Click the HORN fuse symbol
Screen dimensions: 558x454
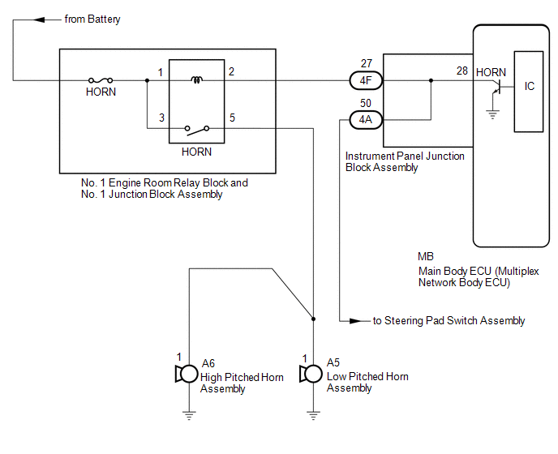(101, 80)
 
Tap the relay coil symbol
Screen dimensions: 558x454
(196, 79)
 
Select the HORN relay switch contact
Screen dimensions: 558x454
(197, 130)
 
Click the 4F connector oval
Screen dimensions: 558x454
(366, 81)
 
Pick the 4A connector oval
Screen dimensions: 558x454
(366, 120)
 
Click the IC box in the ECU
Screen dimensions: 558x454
(529, 92)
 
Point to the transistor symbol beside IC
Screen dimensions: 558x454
(497, 87)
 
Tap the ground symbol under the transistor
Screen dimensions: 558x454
(492, 114)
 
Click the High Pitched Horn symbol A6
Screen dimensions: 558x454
(187, 374)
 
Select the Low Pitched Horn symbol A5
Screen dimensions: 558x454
(311, 374)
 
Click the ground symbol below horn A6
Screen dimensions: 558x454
(189, 416)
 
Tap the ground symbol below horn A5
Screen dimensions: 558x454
(313, 416)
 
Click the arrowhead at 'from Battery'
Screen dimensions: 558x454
(39, 19)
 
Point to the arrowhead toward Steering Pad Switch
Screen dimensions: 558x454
(355, 321)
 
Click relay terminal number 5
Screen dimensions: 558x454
(232, 118)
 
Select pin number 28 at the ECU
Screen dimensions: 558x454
(462, 71)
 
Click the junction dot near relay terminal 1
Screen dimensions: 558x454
(147, 80)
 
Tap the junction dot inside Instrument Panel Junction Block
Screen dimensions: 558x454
(431, 80)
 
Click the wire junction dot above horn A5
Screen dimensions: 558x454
(313, 319)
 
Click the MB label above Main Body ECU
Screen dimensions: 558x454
(426, 256)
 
